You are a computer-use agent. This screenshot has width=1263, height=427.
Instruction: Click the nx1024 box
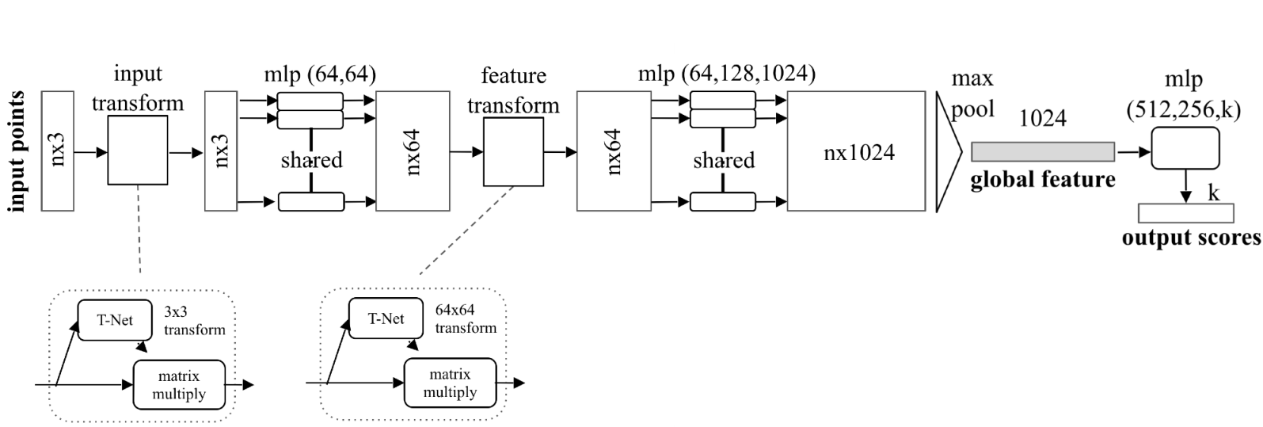pos(856,151)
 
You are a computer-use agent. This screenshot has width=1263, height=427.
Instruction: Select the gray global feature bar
pos(1042,151)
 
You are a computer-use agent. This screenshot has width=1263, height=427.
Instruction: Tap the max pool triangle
pos(948,151)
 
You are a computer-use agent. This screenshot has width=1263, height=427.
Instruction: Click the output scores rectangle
pos(1185,213)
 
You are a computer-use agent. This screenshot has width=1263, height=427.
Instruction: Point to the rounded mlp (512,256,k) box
pos(1185,149)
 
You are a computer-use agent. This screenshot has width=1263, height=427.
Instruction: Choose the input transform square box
pos(138,151)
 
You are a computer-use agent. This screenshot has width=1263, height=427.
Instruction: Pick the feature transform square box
pos(513,152)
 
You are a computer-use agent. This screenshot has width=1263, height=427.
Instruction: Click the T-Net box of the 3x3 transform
pos(116,320)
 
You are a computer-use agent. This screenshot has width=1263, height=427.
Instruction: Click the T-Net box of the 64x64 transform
pos(386,318)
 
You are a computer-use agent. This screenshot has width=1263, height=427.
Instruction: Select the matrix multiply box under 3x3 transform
pos(180,385)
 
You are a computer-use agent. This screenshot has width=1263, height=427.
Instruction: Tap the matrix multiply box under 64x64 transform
pos(450,383)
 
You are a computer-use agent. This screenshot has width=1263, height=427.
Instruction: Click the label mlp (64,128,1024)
pos(726,74)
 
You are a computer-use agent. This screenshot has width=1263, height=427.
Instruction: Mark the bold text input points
pos(17,151)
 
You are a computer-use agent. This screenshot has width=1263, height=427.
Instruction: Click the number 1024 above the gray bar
pos(1042,119)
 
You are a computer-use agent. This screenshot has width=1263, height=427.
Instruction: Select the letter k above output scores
pos(1213,193)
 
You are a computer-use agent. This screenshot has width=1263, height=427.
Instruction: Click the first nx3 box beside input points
pos(57,151)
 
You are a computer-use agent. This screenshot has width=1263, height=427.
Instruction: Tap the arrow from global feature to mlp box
pos(1132,151)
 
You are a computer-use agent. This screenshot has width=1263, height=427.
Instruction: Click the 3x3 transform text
pos(194,321)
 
